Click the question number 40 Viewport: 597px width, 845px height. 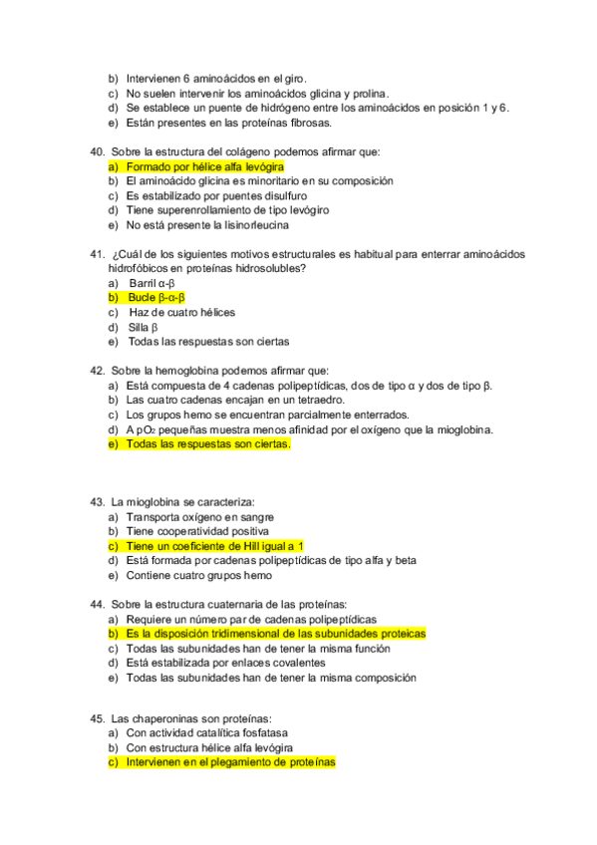(x=97, y=151)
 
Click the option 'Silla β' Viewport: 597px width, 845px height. (x=144, y=327)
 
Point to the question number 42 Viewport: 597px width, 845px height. (x=97, y=371)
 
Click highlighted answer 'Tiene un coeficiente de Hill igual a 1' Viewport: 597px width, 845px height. (x=213, y=546)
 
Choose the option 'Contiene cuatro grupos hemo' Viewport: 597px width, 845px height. (x=198, y=575)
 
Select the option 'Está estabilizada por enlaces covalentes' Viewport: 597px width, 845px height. (x=225, y=663)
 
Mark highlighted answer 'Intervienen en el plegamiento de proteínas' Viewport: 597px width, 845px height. (x=230, y=762)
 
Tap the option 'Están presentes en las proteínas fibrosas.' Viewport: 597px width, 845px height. (x=228, y=123)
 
